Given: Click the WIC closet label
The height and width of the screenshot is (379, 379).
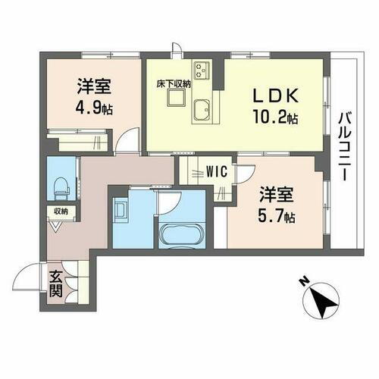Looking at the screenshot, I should click(215, 171).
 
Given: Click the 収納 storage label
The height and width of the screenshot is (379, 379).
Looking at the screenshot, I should click(59, 211).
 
